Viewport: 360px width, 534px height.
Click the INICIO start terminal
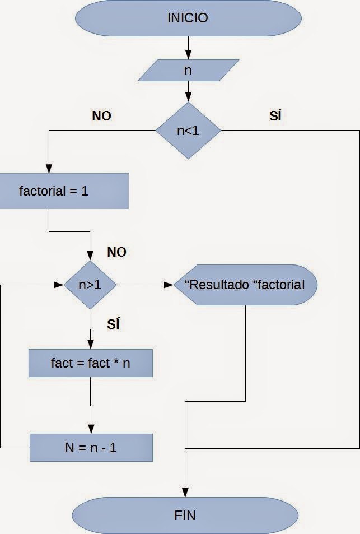188,18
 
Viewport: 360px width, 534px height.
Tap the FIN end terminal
185,514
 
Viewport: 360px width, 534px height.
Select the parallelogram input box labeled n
188,71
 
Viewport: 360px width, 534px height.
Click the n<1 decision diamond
188,131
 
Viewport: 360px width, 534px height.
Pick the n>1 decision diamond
90,285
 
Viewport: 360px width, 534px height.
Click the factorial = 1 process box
64,191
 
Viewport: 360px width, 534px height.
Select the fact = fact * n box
90,363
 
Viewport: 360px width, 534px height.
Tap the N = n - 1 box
90,448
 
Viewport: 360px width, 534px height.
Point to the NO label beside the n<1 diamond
101,116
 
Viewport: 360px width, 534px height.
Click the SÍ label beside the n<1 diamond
275,116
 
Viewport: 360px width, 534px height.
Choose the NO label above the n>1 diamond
116,252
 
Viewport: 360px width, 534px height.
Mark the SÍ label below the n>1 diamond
113,324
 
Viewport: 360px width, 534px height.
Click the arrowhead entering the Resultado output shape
170,285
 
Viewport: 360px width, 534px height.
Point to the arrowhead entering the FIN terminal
185,493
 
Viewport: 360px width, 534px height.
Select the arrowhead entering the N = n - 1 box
90,429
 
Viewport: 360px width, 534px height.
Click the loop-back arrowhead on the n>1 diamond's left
59,285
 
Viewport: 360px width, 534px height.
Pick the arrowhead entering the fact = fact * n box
90,345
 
